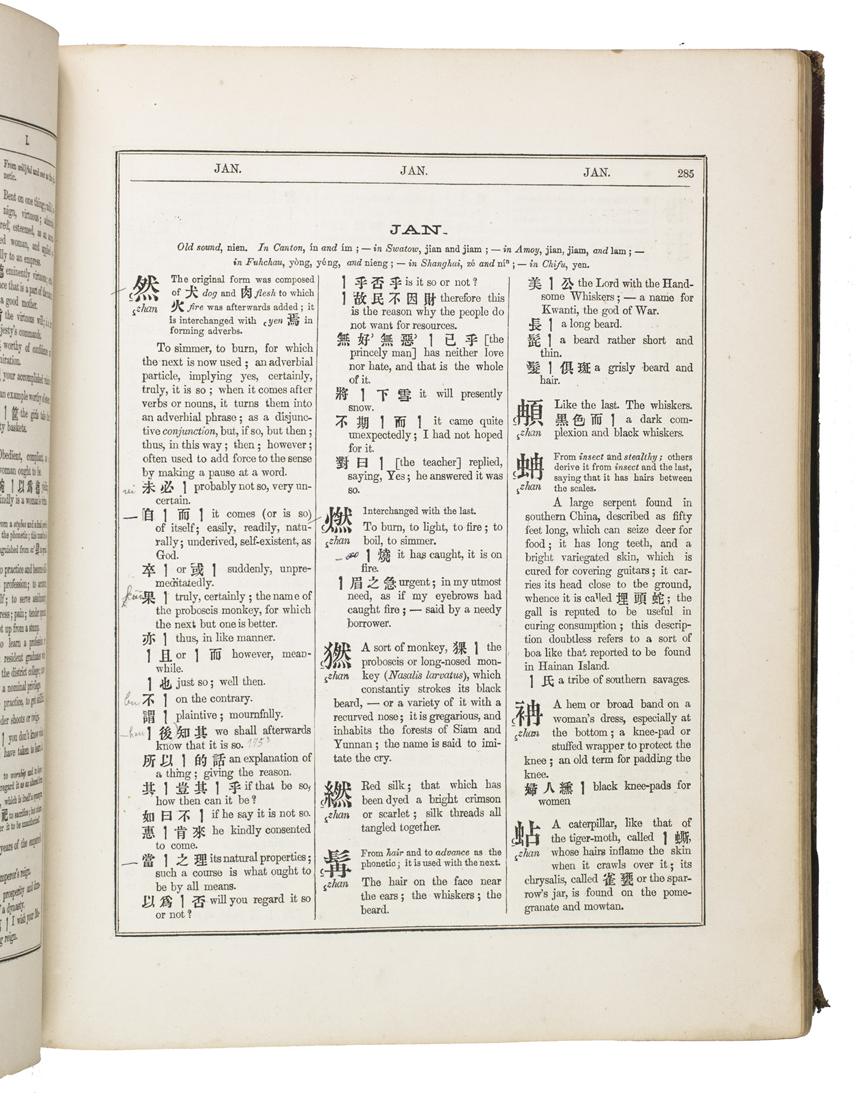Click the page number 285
click(685, 173)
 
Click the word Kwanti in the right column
click(559, 311)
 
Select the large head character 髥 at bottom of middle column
click(336, 863)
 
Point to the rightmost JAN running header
click(596, 172)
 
